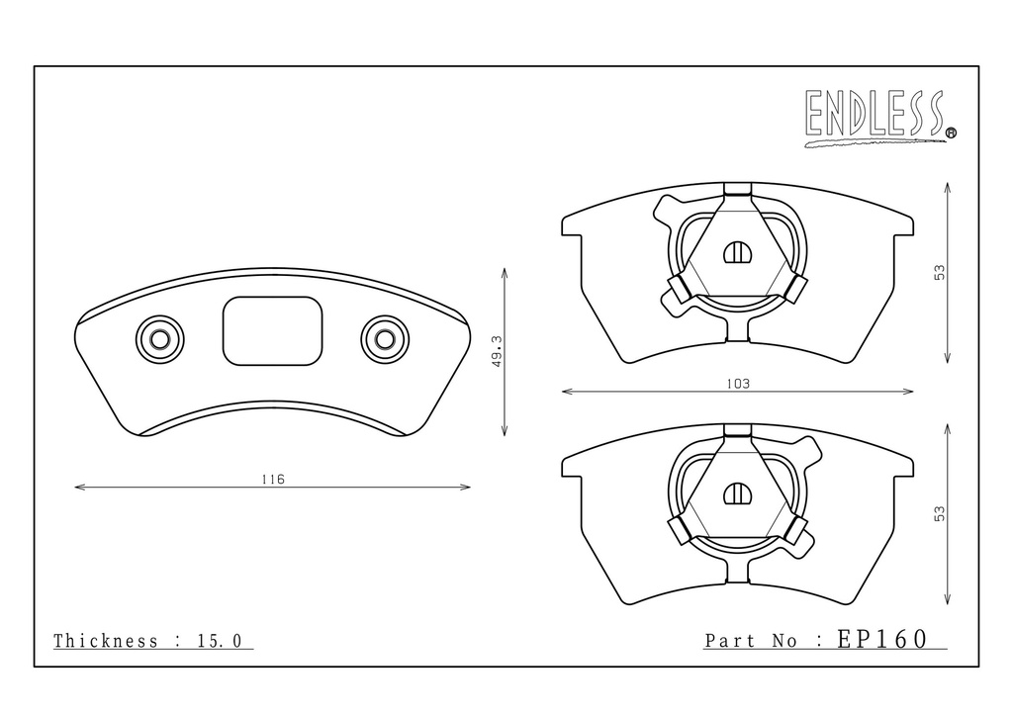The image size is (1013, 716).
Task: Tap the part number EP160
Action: (x=882, y=639)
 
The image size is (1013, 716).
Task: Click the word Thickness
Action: (x=105, y=641)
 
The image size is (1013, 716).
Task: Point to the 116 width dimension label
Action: (x=273, y=479)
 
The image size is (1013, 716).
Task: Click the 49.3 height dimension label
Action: (x=497, y=351)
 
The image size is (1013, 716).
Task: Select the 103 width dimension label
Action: (x=738, y=384)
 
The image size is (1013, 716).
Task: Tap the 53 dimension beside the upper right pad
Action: (x=940, y=272)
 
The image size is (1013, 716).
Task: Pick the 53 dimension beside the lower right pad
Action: (x=940, y=514)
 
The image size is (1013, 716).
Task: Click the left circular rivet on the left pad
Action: (x=159, y=339)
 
